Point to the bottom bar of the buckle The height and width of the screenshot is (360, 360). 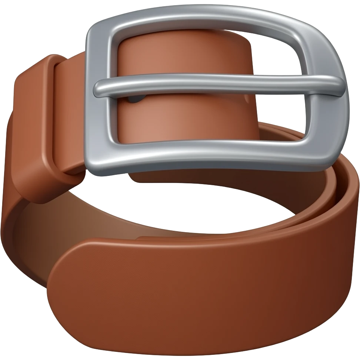pos(207,157)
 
